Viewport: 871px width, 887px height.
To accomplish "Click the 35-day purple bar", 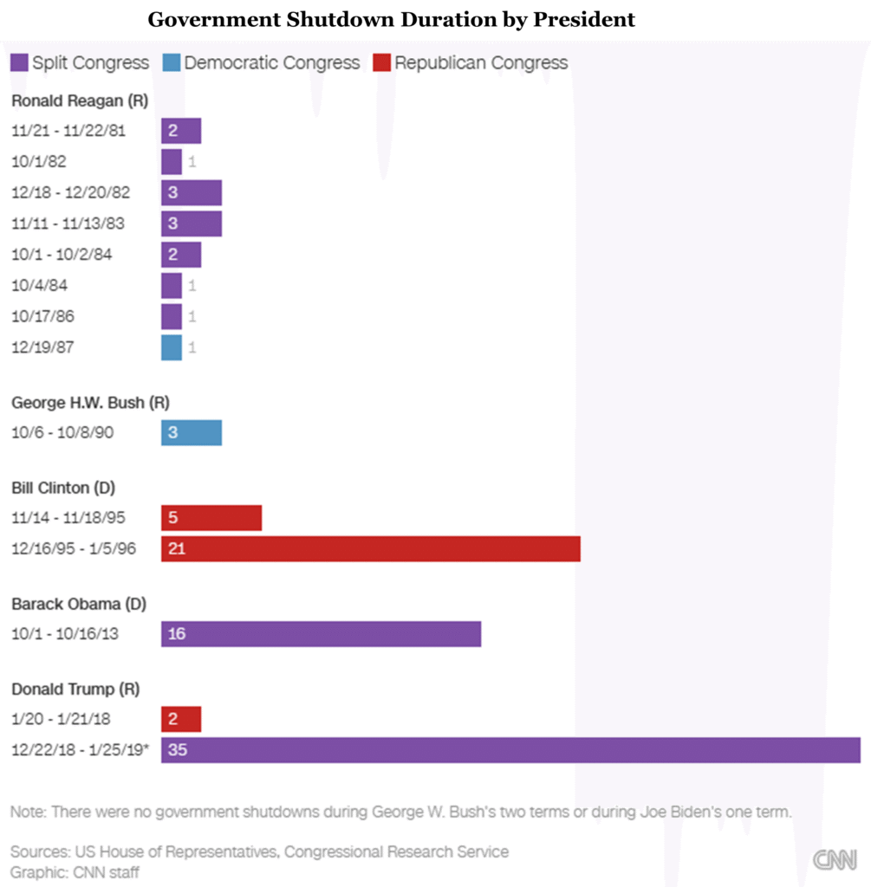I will click(510, 750).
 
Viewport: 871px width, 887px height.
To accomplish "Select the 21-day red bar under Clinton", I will click(370, 548).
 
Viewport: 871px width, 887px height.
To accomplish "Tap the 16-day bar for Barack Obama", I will click(321, 634).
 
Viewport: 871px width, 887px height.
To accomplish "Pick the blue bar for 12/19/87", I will click(172, 347).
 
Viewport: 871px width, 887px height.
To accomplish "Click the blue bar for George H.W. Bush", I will click(192, 432).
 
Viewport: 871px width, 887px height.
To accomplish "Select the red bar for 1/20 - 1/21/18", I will click(181, 719).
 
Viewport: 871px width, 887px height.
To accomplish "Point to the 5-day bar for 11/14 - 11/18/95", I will click(211, 518).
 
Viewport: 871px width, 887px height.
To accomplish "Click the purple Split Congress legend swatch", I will click(19, 63).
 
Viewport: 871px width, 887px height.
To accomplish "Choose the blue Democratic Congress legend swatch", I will click(171, 63).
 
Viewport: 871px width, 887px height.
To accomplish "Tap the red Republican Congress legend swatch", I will click(381, 63).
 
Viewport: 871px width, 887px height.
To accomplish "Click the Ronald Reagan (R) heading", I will click(80, 100).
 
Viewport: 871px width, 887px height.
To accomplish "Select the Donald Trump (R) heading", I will click(75, 690).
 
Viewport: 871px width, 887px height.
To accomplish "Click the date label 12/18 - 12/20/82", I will click(71, 192).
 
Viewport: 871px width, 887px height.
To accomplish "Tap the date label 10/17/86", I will click(43, 316).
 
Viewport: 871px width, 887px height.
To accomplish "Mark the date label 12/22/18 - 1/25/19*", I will click(80, 750).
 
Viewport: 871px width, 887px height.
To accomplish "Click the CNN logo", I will click(835, 859).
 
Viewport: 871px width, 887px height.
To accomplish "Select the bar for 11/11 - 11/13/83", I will click(192, 223).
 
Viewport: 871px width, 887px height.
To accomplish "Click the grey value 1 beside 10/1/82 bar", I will click(192, 162).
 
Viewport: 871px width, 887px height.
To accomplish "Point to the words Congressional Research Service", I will click(395, 851).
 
